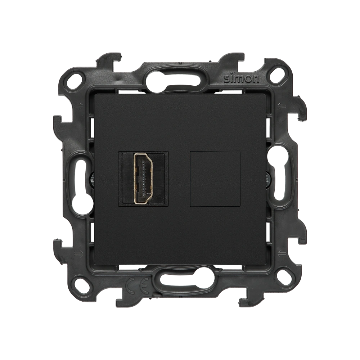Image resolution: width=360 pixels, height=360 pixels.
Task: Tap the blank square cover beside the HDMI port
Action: point(215,179)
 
